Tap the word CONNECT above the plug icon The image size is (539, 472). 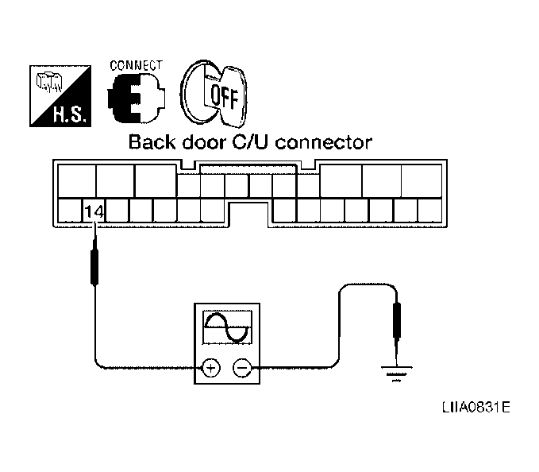point(137,64)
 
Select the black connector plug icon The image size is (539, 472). point(136,99)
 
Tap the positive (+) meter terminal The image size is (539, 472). point(211,367)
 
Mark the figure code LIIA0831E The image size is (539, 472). point(476,407)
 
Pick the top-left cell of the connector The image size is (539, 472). point(76,180)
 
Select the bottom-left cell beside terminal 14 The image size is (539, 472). point(70,211)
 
